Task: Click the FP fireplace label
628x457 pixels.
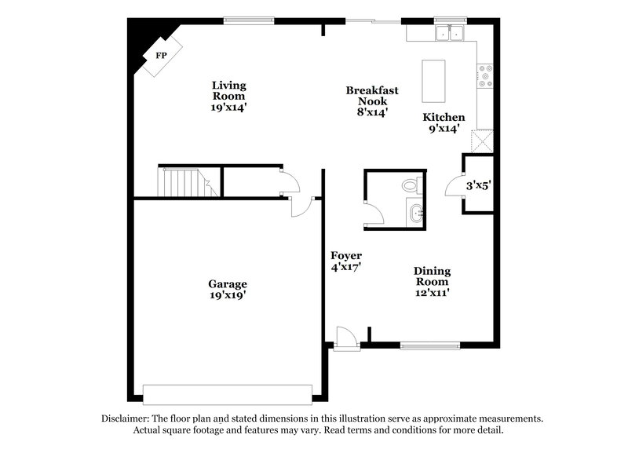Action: pyautogui.click(x=162, y=55)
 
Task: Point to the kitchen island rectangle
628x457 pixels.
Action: pyautogui.click(x=433, y=80)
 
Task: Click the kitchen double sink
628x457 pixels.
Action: pyautogui.click(x=449, y=33)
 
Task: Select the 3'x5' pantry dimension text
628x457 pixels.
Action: pyautogui.click(x=479, y=186)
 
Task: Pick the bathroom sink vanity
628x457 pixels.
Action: pyautogui.click(x=416, y=212)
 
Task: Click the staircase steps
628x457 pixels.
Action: pyautogui.click(x=181, y=182)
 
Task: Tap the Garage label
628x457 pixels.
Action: pyautogui.click(x=228, y=284)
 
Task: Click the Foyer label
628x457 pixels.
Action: pyautogui.click(x=346, y=256)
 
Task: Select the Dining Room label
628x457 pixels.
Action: pyautogui.click(x=432, y=276)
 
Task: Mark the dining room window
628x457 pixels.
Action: pyautogui.click(x=429, y=343)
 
